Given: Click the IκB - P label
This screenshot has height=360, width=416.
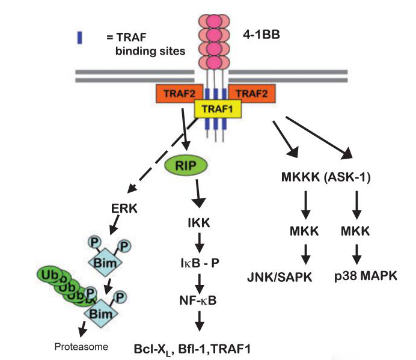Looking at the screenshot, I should coord(200,261).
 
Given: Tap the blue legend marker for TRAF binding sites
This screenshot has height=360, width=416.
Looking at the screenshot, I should coord(79,37).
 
